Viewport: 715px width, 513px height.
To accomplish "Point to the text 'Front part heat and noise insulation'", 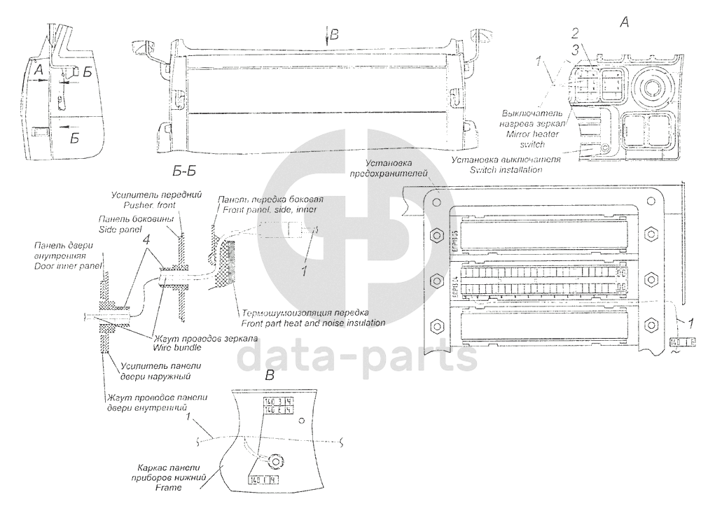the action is [312, 323].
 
